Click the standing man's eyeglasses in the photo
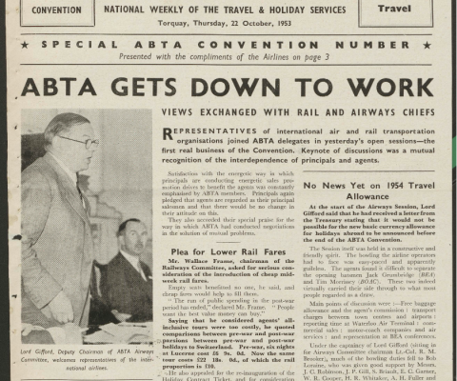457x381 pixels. pyautogui.click(x=80, y=142)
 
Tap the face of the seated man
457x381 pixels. pyautogui.click(x=129, y=236)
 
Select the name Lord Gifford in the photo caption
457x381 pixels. pyautogui.click(x=42, y=353)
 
